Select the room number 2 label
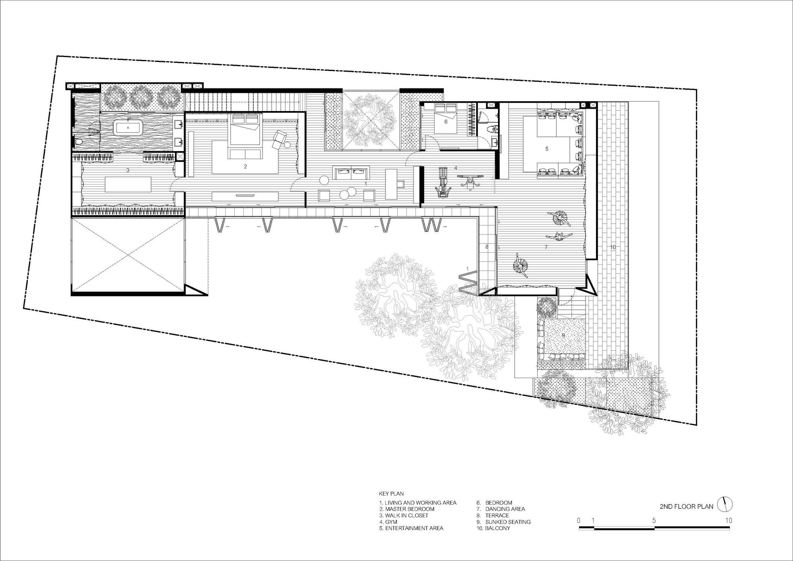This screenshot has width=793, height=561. [x=245, y=167]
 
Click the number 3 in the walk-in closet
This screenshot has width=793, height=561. [x=128, y=170]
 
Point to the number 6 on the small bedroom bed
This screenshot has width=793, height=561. [x=446, y=122]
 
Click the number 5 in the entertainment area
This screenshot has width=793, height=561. [x=547, y=149]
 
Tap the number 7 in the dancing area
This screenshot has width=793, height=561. [x=546, y=247]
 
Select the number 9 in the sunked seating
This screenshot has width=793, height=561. [x=563, y=335]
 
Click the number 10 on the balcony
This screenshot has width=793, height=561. [x=613, y=247]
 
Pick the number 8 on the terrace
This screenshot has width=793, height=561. [x=487, y=247]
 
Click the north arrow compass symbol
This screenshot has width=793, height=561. [x=725, y=505]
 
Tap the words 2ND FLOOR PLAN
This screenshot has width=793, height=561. [x=686, y=507]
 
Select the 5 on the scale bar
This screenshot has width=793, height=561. [x=654, y=521]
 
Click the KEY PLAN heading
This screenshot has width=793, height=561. [x=391, y=494]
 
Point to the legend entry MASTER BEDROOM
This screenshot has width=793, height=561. [x=407, y=509]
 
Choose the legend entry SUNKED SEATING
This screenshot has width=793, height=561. [x=504, y=522]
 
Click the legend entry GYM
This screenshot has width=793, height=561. [x=388, y=522]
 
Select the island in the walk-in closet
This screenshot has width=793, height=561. [x=128, y=184]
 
